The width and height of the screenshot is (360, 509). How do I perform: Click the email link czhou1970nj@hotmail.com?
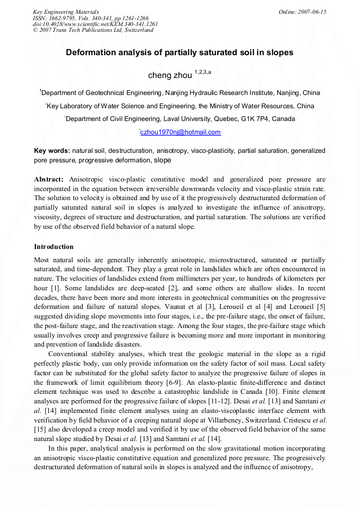pos(181,132)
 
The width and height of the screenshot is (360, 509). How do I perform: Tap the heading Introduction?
pos(54,247)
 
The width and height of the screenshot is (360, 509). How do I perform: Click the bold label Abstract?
pos(49,179)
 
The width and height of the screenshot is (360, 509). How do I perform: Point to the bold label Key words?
pos(52,151)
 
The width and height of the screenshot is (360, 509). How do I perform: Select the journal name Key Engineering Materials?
pos(66,12)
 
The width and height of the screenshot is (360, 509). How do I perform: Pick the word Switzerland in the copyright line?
pos(137,30)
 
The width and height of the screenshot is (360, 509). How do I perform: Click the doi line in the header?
pos(96,24)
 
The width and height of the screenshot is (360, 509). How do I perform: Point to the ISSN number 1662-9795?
pos(62,18)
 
